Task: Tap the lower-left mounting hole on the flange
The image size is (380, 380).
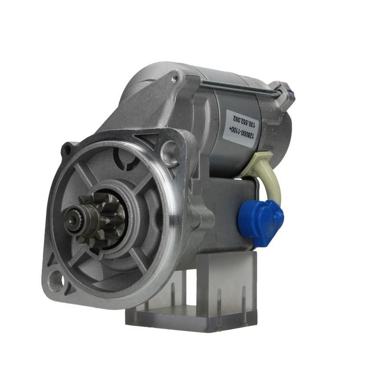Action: (x=56, y=279)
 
